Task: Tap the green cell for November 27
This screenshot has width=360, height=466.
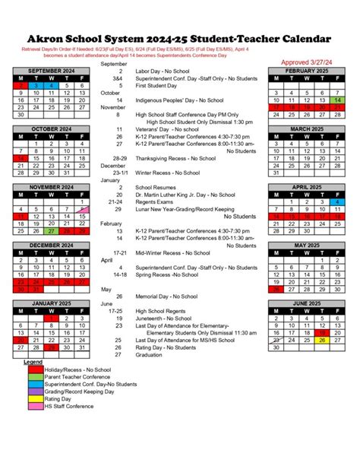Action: (x=51, y=231)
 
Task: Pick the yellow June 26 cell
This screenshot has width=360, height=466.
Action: (x=323, y=340)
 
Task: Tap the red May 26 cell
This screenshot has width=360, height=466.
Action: (x=276, y=289)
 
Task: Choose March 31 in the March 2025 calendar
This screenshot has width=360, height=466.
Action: (x=276, y=173)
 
